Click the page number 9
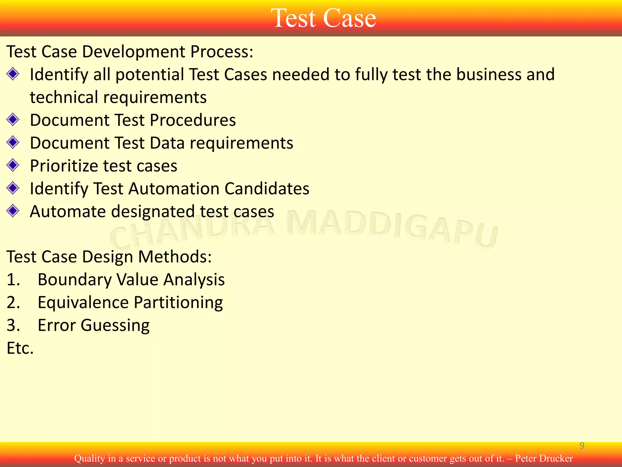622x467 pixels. pos(582,446)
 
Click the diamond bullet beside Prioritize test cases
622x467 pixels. pos(13,165)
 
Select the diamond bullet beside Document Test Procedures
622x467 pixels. pos(13,119)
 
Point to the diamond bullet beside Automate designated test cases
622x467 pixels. pos(13,211)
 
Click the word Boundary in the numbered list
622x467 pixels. pos(75,280)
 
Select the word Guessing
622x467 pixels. pos(115,326)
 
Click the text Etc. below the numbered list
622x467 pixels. pos(20,348)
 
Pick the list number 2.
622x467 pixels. pos(13,303)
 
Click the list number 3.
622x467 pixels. pos(13,325)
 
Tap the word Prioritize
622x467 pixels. pos(64,166)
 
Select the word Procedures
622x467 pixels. pos(193,120)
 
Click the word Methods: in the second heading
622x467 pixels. pos(175,257)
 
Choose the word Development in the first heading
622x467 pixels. pos(133,52)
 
